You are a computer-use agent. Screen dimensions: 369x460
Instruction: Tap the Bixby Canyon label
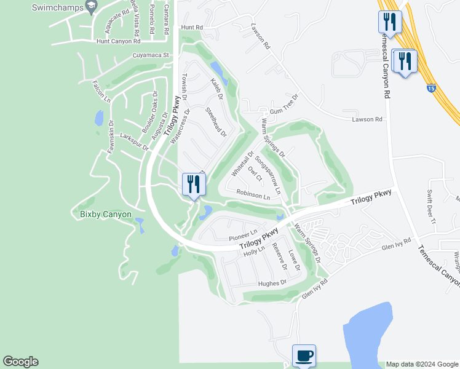(101, 214)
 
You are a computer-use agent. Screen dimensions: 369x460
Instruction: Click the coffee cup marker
(304, 355)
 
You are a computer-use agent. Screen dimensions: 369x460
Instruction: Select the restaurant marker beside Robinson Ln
(194, 184)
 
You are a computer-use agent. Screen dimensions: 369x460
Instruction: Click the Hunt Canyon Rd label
(119, 41)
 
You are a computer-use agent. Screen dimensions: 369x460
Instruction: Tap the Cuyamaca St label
(150, 55)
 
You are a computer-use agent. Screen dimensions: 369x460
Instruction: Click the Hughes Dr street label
(272, 283)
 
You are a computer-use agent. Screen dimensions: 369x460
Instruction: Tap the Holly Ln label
(253, 250)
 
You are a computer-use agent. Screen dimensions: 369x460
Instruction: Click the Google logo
(20, 362)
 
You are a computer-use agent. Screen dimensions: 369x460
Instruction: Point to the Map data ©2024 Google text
(422, 364)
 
